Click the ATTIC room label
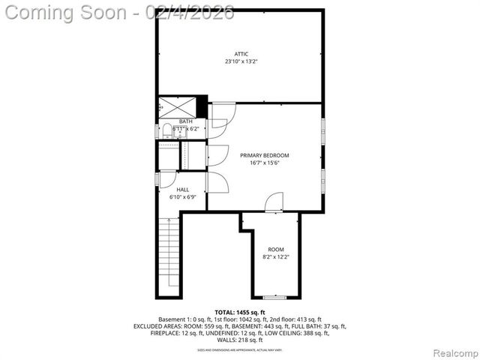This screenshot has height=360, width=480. pyautogui.click(x=241, y=53)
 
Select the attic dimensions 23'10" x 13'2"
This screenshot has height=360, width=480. pyautogui.click(x=241, y=61)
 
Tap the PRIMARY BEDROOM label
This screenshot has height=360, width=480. pyautogui.click(x=264, y=155)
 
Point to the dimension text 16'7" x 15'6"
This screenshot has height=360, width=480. pyautogui.click(x=264, y=163)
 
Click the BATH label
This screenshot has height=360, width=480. pyautogui.click(x=184, y=121)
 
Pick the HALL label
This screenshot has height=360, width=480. pyautogui.click(x=183, y=190)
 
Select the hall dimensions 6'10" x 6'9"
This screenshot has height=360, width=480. pyautogui.click(x=183, y=198)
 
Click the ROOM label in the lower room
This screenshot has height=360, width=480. pyautogui.click(x=276, y=249)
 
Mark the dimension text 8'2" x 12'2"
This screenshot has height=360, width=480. pyautogui.click(x=276, y=257)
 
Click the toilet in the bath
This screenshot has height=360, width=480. pyautogui.click(x=167, y=130)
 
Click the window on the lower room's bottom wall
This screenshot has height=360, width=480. pyautogui.click(x=275, y=297)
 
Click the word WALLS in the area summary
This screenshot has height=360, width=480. pyautogui.click(x=223, y=340)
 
